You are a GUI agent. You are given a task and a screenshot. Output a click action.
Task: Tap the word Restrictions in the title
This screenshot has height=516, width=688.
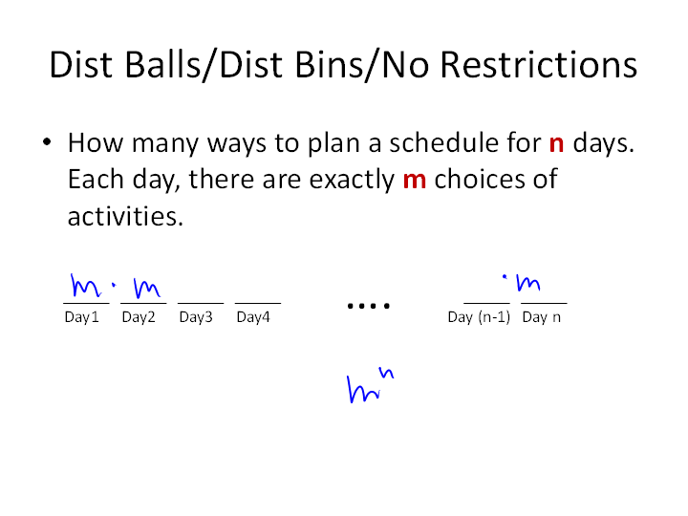538,65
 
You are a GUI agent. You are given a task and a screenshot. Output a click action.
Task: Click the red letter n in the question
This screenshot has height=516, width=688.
556,143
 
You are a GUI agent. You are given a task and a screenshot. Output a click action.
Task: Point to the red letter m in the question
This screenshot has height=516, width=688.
415,180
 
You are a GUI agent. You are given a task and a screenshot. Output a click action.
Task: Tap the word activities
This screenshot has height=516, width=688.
125,216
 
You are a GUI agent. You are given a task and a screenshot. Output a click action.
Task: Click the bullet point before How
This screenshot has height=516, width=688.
47,142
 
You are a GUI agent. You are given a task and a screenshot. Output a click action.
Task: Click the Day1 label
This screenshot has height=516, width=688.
81,317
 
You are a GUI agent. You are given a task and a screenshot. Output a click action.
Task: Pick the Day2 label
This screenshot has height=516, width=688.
139,317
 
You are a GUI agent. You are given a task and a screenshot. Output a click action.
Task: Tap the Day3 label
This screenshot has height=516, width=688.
196,317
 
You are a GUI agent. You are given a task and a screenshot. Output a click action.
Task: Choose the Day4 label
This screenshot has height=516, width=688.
253,317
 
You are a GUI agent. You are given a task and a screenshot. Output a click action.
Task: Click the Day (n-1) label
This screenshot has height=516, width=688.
479,317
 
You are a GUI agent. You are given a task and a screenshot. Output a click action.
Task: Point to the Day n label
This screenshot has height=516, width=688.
542,317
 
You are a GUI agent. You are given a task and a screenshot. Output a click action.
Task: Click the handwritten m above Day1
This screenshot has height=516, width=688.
85,286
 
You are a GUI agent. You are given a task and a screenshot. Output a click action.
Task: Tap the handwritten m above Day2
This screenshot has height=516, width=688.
146,288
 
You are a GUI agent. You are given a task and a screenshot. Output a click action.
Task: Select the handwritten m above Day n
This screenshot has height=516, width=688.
528,283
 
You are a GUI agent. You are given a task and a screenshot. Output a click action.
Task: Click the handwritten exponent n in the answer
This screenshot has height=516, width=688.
386,373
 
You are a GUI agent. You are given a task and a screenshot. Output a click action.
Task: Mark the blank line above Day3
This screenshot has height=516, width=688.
201,303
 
